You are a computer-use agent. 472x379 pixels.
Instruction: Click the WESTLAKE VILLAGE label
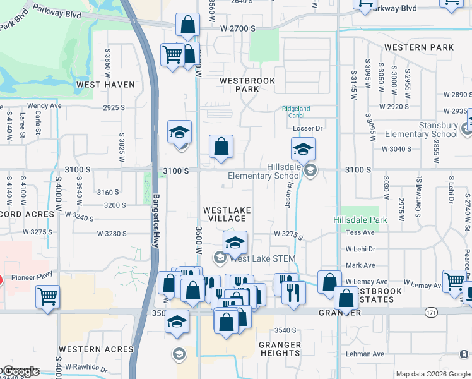tap(227, 214)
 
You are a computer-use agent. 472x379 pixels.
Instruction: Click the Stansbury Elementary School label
tap(422, 129)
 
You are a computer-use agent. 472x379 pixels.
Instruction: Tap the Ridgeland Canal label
tap(296, 112)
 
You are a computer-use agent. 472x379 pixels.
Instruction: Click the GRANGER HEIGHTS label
tap(280, 349)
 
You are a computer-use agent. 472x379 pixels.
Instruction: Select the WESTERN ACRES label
tap(96, 349)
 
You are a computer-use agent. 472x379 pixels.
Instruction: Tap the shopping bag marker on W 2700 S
tap(187, 26)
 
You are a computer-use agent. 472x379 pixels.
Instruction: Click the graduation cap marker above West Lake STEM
tap(235, 242)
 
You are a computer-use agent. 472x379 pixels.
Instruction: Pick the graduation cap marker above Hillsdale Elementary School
tap(303, 150)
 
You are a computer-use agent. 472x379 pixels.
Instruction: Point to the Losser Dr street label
tap(308, 128)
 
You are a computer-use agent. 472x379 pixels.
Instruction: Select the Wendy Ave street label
tap(44, 106)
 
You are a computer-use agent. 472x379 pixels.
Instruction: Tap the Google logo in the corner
tap(20, 371)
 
